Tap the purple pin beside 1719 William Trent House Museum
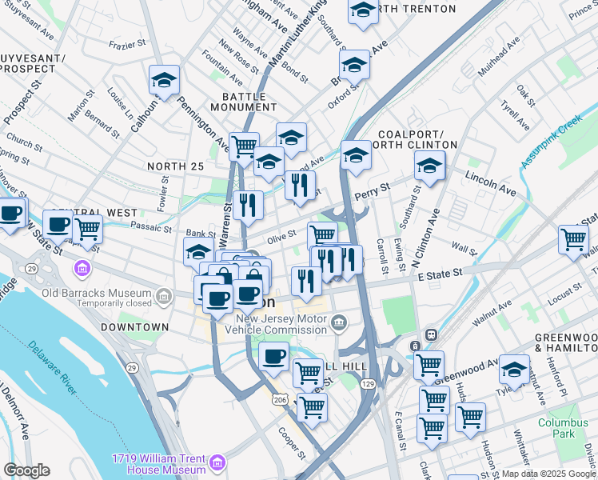pos(217,463)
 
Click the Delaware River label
pos(50,369)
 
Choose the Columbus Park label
pos(556,428)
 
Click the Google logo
pos(26,470)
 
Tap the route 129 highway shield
pos(365,386)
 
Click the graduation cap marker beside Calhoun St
pos(164,81)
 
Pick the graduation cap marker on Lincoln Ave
pos(429,166)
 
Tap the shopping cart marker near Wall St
pos(573,239)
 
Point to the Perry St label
pos(373,190)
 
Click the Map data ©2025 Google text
pos(548,474)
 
